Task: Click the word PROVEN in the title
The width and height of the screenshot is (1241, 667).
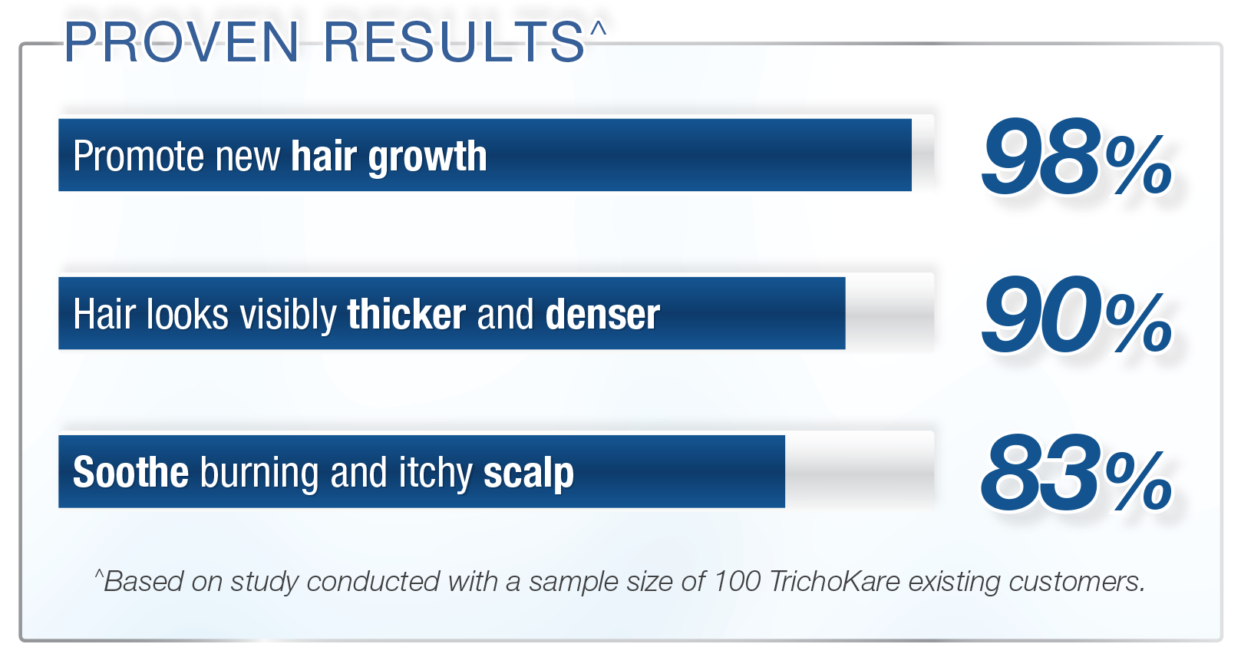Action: coord(182,42)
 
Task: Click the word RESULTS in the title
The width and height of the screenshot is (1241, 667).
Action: coord(454,42)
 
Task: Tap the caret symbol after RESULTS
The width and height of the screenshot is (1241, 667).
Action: coord(598,28)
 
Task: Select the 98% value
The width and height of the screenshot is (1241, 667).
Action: coord(1077,157)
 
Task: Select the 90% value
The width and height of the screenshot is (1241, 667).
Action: coord(1077,315)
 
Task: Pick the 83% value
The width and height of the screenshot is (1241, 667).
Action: coord(1077,473)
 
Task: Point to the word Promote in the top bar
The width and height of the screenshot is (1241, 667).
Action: coord(138,157)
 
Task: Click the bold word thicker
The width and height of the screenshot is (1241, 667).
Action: coord(407,314)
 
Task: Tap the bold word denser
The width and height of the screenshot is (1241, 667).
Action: coord(602,315)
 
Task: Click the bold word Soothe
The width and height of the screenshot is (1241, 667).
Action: coord(130,472)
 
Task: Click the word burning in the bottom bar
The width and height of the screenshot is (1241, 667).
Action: coord(259,474)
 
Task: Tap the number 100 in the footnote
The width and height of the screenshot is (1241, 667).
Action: coord(737,582)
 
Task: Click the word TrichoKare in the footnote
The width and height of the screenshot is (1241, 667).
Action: coord(834,582)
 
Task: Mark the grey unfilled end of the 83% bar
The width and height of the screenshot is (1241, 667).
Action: coord(860,471)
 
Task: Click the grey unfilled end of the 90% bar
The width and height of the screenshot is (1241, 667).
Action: coord(889,313)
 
